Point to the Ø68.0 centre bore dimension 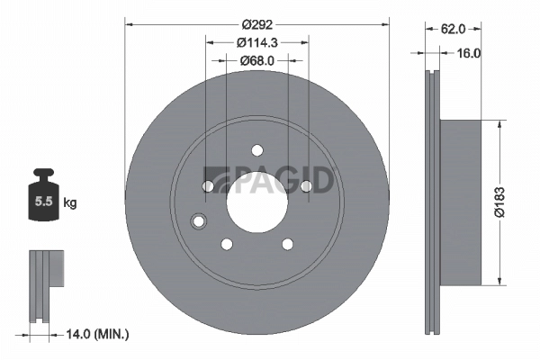tap(256, 60)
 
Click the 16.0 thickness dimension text tap(470, 53)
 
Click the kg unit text tap(70, 203)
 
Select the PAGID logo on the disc tap(269, 179)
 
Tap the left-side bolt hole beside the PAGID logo tap(209, 185)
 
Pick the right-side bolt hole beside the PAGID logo tap(305, 185)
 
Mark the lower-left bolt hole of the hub tap(227, 243)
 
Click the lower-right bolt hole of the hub tap(287, 243)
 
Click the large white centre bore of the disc tap(256, 201)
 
